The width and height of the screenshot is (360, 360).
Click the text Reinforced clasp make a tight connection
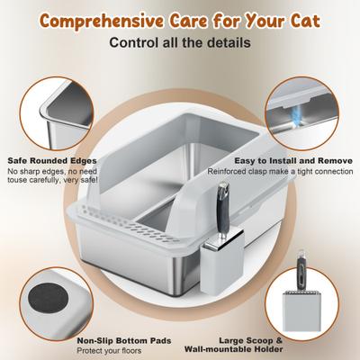pyautogui.click(x=280, y=171)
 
